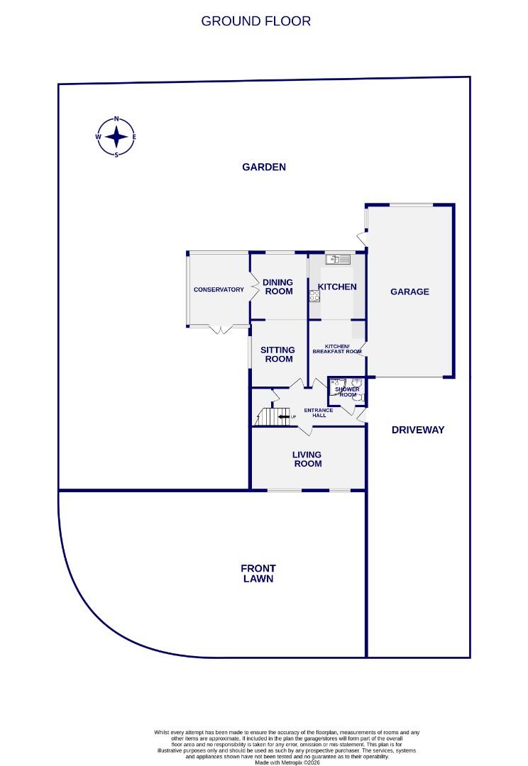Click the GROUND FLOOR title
255,21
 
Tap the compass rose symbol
116,137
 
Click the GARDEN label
264,167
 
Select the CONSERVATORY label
219,289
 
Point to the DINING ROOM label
278,287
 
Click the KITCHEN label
336,287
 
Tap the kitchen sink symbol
338,259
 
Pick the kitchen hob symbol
314,296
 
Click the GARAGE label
409,292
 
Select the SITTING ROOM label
277,354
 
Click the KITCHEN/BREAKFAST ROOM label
338,349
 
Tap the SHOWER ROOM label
348,392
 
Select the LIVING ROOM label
307,459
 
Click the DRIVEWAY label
418,430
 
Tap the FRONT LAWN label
258,573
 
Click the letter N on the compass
116,120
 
